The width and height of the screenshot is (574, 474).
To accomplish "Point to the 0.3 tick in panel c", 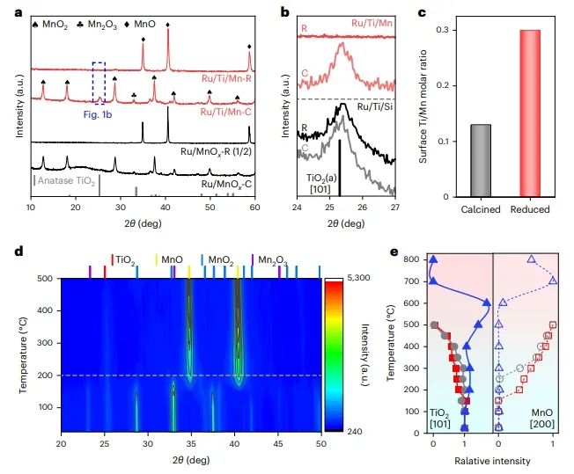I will click(x=428, y=30).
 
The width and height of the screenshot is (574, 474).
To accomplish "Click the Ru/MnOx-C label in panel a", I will click(x=229, y=185).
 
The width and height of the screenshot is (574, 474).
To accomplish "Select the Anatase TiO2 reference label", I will click(x=66, y=180).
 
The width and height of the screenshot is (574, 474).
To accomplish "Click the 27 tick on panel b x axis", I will click(x=394, y=208).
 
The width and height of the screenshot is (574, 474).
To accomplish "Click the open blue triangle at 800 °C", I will click(x=531, y=259).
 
